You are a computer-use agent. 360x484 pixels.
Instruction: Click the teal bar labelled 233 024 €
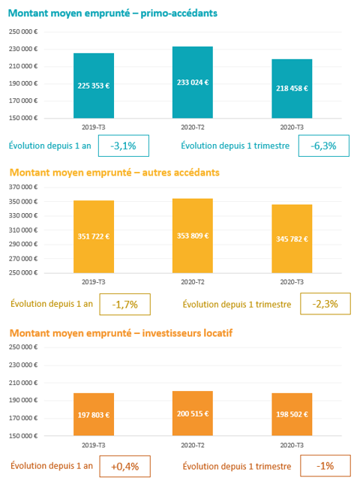click(x=193, y=83)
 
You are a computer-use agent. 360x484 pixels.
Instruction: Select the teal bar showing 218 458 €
click(x=292, y=89)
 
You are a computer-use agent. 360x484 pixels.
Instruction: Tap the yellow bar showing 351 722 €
click(x=94, y=237)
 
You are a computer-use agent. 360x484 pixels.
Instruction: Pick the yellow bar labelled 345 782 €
click(x=292, y=239)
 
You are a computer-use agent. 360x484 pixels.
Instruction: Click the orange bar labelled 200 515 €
click(x=193, y=413)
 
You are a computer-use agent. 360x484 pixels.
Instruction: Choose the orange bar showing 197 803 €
click(x=94, y=414)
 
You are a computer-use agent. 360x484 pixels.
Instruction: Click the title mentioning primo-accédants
click(x=112, y=14)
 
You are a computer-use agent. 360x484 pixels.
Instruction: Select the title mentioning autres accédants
click(x=115, y=173)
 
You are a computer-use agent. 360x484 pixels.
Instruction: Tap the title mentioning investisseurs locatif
click(x=121, y=333)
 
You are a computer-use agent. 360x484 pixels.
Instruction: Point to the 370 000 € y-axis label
click(x=23, y=187)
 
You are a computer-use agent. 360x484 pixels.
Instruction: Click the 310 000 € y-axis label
click(x=23, y=230)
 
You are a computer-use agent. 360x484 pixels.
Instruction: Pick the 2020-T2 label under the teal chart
click(x=193, y=128)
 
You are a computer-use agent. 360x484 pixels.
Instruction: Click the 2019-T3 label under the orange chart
click(x=94, y=445)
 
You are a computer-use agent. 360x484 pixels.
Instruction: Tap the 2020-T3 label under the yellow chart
click(x=292, y=282)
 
